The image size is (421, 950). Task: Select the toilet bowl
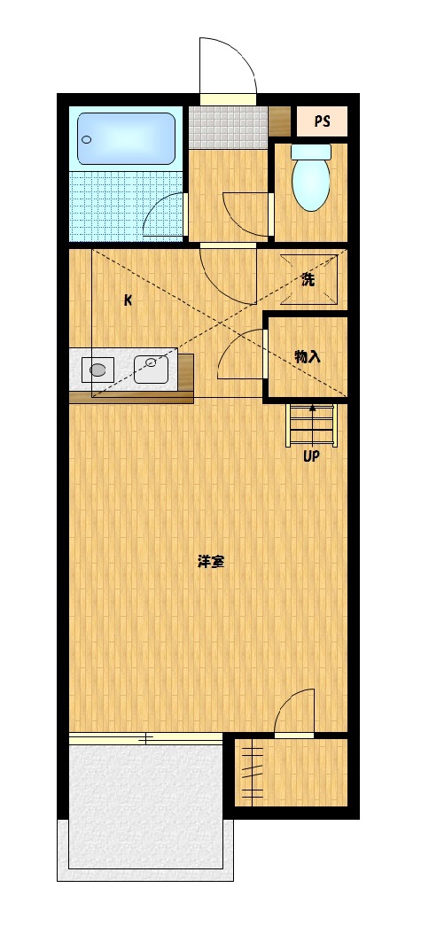coord(311,184)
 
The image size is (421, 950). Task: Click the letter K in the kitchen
coord(128,300)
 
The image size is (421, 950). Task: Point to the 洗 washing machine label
coord(308,280)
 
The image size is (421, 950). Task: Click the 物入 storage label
coord(307,356)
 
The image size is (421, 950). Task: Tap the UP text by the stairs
coord(311,457)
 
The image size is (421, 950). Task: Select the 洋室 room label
coord(210,562)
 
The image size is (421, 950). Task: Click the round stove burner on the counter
coord(98,369)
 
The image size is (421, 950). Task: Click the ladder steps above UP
coord(311,426)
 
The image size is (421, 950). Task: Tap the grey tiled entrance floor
coord(228,127)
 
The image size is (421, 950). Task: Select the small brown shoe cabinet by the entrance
coord(280,119)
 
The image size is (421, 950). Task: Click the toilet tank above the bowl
coord(311,152)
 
